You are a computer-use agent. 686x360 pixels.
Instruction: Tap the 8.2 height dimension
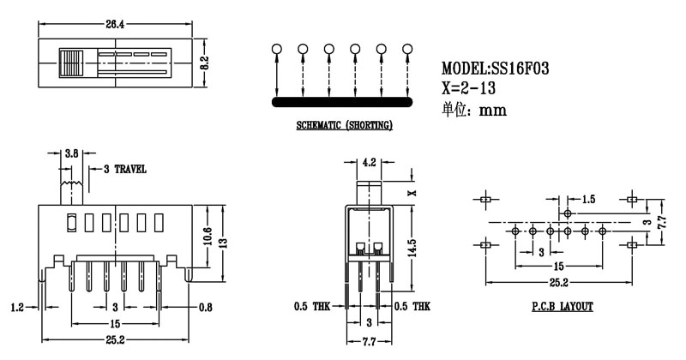click(203, 63)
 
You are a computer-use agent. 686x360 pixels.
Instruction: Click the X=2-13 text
click(470, 88)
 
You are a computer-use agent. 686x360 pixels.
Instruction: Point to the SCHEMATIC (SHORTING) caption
click(344, 126)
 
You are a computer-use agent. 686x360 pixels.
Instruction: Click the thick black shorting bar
click(344, 102)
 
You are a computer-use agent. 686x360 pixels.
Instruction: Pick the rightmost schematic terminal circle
click(406, 50)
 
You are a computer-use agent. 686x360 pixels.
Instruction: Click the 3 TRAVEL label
click(124, 169)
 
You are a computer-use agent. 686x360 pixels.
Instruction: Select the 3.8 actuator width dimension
click(73, 153)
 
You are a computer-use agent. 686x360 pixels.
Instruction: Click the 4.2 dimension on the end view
click(370, 161)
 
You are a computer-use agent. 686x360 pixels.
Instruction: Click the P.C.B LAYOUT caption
click(562, 306)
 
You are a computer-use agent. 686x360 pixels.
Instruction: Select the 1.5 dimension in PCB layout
click(587, 199)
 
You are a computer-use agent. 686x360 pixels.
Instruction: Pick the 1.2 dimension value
click(17, 306)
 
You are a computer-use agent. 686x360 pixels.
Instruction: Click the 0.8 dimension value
click(206, 306)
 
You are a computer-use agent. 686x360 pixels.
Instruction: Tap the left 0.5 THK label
click(312, 306)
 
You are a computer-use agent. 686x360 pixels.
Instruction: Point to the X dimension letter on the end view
click(412, 193)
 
